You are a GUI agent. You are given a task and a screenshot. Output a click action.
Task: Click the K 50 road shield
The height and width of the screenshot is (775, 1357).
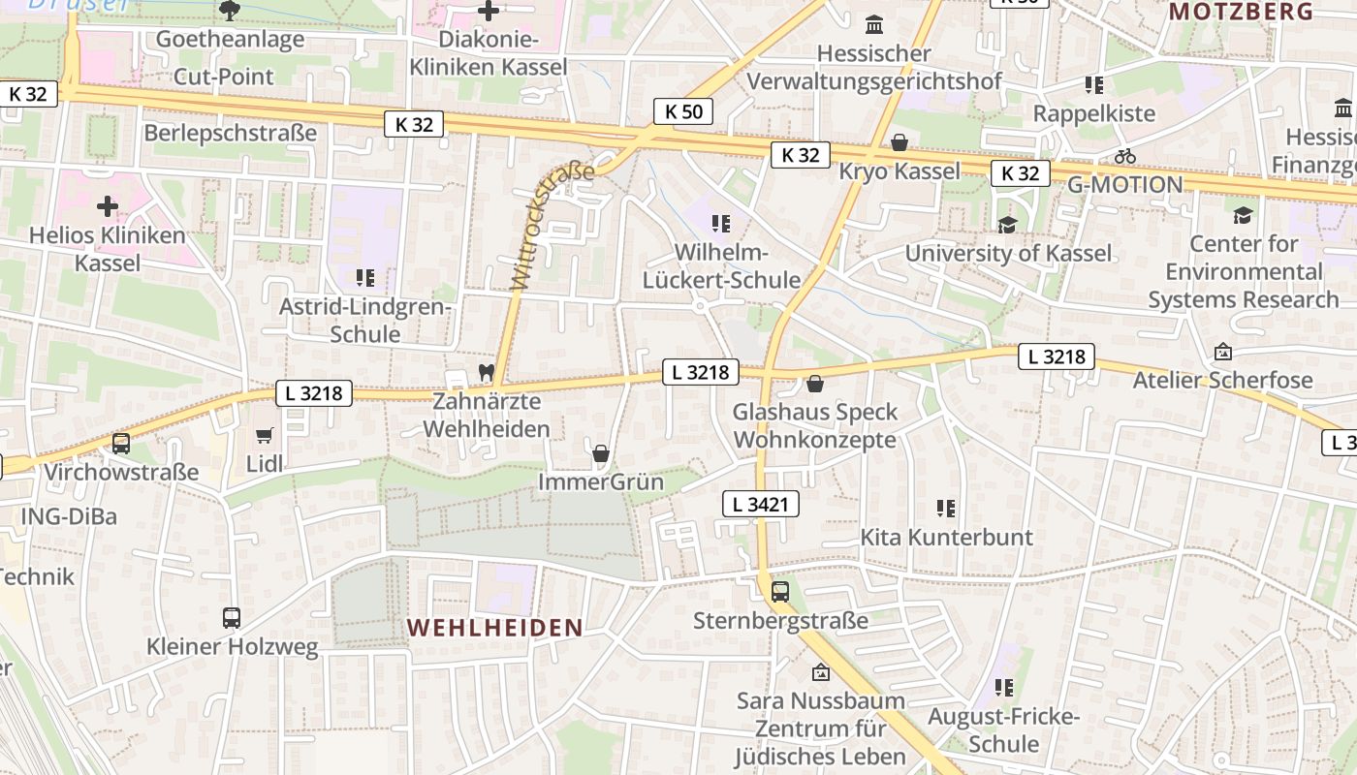[x=683, y=111]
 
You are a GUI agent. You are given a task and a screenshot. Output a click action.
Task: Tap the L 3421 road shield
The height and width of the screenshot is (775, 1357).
[x=761, y=504]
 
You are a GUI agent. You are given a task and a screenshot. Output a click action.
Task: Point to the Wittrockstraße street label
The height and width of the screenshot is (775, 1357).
[x=552, y=228]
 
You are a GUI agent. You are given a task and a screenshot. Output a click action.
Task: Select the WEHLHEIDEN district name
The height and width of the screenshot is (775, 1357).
[x=495, y=628]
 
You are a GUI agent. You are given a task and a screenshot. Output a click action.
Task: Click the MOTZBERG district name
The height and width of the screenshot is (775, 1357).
[x=1241, y=12]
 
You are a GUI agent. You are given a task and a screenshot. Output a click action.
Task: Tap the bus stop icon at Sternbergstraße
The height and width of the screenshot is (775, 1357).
[x=780, y=591]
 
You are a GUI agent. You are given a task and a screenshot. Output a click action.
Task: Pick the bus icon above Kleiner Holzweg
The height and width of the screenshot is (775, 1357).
[x=232, y=617]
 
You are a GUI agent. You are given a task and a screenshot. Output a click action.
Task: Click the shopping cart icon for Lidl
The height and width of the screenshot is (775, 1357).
[x=265, y=435]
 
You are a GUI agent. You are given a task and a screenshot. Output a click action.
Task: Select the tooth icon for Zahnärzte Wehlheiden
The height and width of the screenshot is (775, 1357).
[x=487, y=372]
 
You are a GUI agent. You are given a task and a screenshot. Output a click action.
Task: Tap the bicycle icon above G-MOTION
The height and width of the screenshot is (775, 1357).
[x=1124, y=156]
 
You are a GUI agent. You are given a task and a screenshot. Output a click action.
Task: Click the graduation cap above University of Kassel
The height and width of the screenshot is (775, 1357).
[x=1008, y=225]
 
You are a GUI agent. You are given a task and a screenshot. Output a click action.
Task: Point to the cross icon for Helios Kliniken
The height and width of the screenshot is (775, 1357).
[x=107, y=206]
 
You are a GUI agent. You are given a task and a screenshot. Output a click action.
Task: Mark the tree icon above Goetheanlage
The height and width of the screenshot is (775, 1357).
[x=230, y=11]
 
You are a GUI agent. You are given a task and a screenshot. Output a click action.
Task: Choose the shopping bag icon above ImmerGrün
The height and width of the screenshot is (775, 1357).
[x=601, y=452]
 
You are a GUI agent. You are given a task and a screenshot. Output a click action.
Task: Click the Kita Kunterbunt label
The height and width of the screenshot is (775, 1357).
[x=947, y=537]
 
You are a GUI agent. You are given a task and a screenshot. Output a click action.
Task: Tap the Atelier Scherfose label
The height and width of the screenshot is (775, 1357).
[x=1223, y=380]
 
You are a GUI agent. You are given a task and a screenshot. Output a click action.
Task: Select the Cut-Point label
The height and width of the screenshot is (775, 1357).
[x=223, y=77]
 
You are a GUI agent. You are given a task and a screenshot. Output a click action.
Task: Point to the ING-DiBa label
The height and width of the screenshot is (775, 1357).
[x=69, y=516]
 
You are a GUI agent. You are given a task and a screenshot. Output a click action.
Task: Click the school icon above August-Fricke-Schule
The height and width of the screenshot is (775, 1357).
[x=1004, y=688]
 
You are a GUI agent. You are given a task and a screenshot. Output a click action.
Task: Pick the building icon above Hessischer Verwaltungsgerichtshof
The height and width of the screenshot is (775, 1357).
[x=874, y=24]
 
